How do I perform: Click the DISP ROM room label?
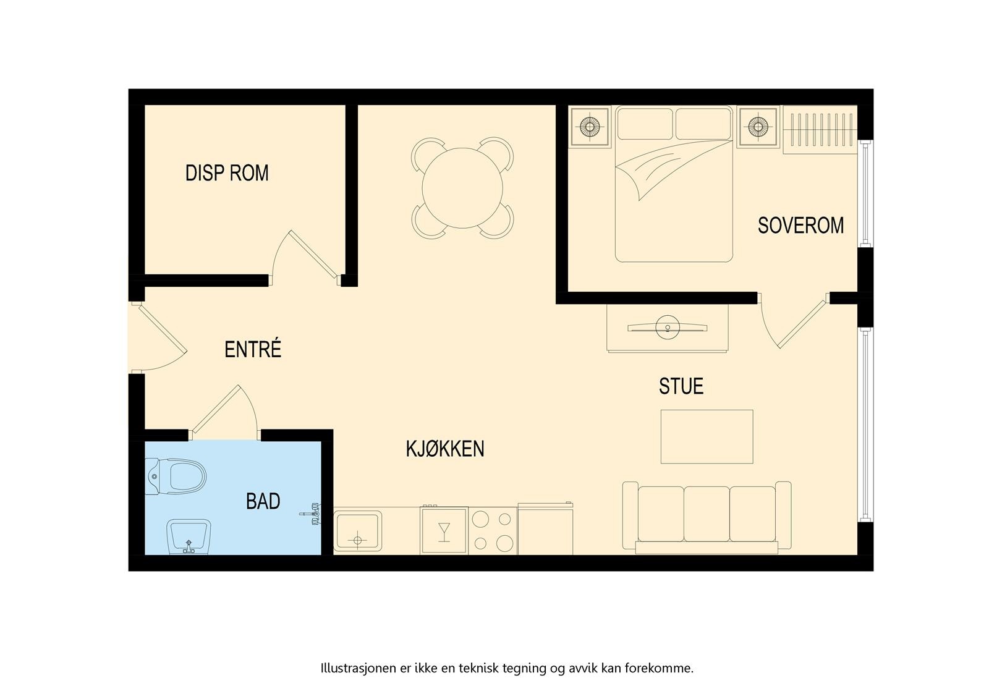tap(227, 173)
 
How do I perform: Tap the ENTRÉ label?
tap(253, 349)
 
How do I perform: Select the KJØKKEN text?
tap(444, 449)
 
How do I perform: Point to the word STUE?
tap(681, 386)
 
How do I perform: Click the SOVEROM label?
tap(800, 226)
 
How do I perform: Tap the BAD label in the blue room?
tap(263, 501)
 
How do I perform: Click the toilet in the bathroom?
tap(179, 477)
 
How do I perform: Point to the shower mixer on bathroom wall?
tap(313, 514)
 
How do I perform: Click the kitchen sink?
tap(358, 530)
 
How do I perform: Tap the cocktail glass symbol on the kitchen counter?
tap(444, 531)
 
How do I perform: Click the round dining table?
tap(462, 188)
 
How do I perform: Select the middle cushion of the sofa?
tap(707, 514)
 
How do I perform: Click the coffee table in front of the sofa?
tap(707, 436)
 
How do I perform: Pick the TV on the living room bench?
tap(667, 328)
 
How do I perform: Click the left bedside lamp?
tap(590, 127)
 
